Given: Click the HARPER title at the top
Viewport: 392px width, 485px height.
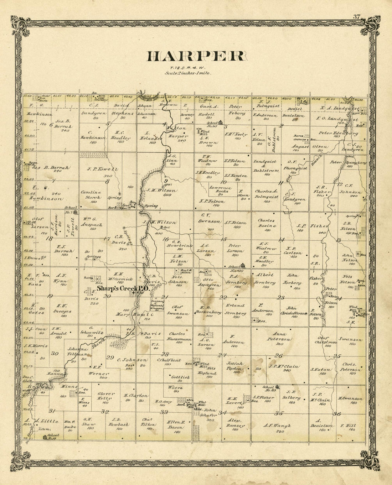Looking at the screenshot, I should (x=196, y=56).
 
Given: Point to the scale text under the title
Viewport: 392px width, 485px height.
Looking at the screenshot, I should (x=188, y=73).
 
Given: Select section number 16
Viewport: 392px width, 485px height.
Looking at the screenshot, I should (x=165, y=239).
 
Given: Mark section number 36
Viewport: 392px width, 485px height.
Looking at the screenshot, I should (x=337, y=413).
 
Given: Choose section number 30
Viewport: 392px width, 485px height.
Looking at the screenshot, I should (x=55, y=354).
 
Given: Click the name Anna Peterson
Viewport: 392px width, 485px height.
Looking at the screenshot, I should (x=282, y=337).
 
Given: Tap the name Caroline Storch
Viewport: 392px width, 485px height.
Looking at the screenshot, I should (x=91, y=195).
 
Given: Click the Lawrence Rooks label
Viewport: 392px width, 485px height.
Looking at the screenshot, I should (x=220, y=190).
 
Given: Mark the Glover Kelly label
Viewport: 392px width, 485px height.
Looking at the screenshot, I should (x=106, y=396).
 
